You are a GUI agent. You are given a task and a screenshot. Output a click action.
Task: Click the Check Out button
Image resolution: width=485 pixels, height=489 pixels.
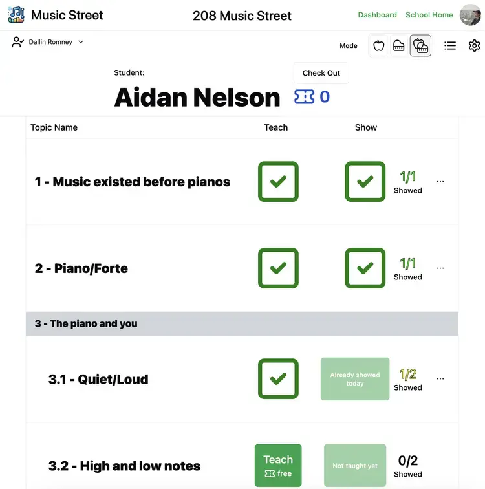pos(321,73)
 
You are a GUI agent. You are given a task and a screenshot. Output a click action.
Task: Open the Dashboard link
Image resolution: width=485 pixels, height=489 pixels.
pos(377,15)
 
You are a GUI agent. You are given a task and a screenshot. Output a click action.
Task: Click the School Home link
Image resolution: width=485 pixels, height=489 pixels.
pos(429,15)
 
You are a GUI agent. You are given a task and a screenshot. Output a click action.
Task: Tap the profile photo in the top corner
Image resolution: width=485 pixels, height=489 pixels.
pos(469,15)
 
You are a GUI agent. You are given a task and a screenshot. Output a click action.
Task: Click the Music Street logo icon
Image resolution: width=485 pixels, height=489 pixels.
pos(16,15)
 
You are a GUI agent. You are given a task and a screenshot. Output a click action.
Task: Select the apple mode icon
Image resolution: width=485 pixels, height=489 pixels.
pos(379,45)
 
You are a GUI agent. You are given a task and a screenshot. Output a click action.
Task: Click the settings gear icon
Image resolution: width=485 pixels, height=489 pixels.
pos(475,45)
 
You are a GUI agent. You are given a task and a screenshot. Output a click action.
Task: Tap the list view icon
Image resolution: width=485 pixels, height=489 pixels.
pos(450,45)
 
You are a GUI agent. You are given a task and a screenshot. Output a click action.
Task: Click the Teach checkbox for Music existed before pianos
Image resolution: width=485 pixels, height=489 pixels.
pos(278,182)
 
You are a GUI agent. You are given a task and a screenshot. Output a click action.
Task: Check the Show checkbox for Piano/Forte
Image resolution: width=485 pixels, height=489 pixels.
pos(365,268)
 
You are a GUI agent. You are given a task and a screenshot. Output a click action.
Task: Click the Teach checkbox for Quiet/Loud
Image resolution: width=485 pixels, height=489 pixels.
pos(278,379)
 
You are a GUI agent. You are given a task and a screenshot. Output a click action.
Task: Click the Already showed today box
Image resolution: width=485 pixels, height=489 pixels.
pos(355,379)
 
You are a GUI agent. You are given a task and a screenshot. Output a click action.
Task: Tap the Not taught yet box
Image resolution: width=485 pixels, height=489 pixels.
pos(355,466)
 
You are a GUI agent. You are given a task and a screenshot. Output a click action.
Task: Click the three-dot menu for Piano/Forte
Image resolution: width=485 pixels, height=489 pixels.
pos(440,268)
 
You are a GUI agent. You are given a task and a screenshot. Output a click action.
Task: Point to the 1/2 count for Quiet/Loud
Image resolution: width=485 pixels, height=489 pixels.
pos(408,374)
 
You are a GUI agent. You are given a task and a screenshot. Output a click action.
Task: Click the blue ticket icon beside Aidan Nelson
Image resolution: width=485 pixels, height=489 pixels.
pos(304,97)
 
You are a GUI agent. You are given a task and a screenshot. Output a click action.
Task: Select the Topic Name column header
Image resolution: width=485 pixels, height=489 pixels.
pos(54,127)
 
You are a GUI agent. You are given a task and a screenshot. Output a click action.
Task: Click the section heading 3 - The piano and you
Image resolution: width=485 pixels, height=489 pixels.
pos(86,323)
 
